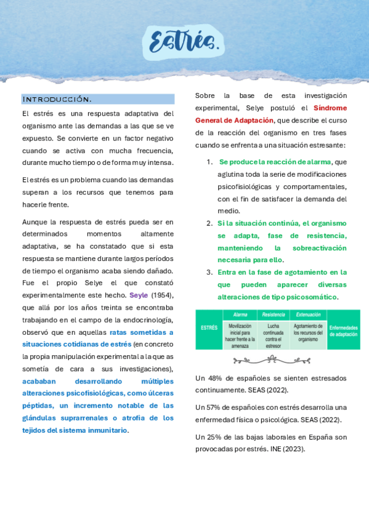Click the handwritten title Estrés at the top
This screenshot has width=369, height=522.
pyautogui.click(x=185, y=41)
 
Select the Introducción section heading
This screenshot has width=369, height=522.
pyautogui.click(x=57, y=99)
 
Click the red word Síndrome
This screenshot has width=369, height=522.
pyautogui.click(x=330, y=108)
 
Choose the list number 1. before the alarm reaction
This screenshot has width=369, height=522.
pyautogui.click(x=209, y=162)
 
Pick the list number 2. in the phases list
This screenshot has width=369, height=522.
pyautogui.click(x=209, y=223)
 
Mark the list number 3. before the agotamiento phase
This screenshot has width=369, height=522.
pyautogui.click(x=209, y=272)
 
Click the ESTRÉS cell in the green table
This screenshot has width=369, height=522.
pyautogui.click(x=209, y=328)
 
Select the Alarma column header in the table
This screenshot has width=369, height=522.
pyautogui.click(x=240, y=315)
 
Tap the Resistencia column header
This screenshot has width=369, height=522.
pyautogui.click(x=273, y=315)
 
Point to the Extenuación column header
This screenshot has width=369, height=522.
pyautogui.click(x=308, y=315)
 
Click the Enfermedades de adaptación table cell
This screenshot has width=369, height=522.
pyautogui.click(x=343, y=331)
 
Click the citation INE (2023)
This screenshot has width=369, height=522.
pyautogui.click(x=287, y=449)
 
